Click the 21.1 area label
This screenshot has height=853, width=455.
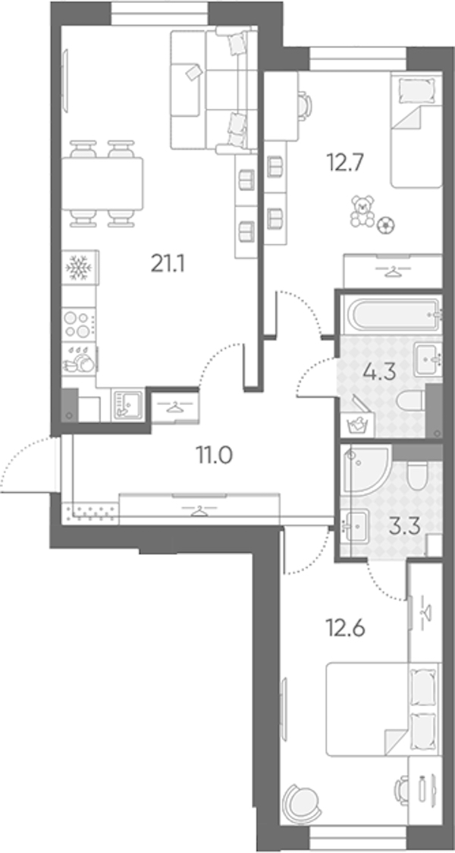(x=168, y=265)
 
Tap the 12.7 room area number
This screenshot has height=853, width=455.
(x=344, y=162)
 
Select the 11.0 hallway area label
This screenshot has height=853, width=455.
(x=215, y=455)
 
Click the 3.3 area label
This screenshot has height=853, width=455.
(x=406, y=527)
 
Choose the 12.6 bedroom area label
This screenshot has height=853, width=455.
(x=346, y=629)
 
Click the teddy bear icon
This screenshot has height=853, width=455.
(x=362, y=212)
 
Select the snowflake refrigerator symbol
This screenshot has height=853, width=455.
(x=80, y=267)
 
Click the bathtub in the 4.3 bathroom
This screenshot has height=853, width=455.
(x=394, y=314)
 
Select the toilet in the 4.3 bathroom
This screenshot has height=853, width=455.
(x=411, y=401)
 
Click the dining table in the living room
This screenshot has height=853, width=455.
(x=102, y=183)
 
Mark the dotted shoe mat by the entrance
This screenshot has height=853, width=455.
(x=89, y=513)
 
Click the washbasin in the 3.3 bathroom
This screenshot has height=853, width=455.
(x=356, y=525)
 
